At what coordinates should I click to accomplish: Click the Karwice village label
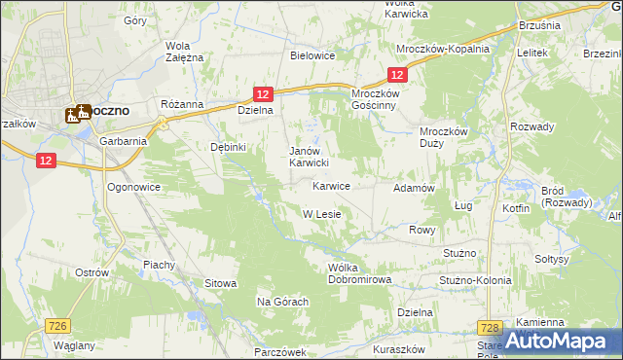(x=331, y=185)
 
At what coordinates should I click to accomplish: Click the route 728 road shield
(x=491, y=330)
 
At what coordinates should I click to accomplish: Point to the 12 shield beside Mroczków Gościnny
(x=396, y=75)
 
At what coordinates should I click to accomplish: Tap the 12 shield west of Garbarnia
(x=45, y=162)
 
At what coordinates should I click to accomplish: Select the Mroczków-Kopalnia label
(x=443, y=49)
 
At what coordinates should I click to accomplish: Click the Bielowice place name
(x=312, y=55)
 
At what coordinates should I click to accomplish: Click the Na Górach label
(x=282, y=302)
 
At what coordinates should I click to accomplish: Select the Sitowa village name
(x=220, y=283)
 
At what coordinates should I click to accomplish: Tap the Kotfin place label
(x=517, y=208)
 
